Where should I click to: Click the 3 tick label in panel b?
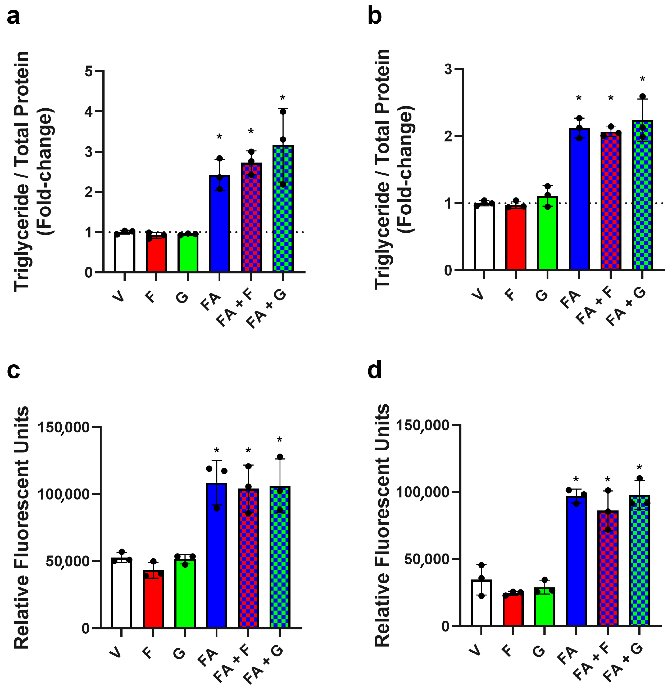click(448, 69)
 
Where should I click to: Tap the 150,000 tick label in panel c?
click(64, 428)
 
